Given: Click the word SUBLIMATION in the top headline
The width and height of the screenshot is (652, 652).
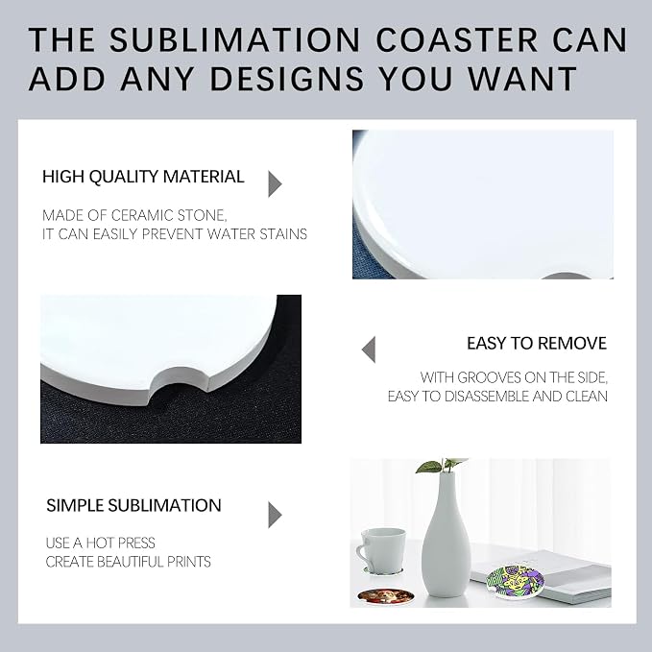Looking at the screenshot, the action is (234, 39).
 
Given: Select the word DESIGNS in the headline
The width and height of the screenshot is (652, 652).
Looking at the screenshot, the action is (287, 78).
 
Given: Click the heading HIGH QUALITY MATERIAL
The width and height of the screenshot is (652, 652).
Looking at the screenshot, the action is (143, 177).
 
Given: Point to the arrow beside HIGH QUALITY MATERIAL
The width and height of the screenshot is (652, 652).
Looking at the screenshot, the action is (275, 183).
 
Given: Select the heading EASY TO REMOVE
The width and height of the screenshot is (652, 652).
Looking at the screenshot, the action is (537, 344).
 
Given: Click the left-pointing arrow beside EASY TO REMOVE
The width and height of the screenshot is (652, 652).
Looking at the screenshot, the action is (369, 350).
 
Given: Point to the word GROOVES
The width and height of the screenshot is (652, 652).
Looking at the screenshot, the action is (489, 377).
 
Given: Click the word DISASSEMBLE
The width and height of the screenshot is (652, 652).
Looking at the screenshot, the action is (486, 397).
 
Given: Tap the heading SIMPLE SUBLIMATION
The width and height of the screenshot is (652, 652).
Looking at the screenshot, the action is (133, 506).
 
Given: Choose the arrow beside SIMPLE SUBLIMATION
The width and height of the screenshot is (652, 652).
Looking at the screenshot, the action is (275, 515).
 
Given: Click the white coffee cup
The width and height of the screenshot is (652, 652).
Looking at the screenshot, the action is (379, 549).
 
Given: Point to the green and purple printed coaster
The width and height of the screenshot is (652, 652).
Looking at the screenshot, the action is (515, 582).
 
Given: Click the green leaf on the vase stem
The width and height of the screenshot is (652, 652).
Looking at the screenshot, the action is (428, 467).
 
